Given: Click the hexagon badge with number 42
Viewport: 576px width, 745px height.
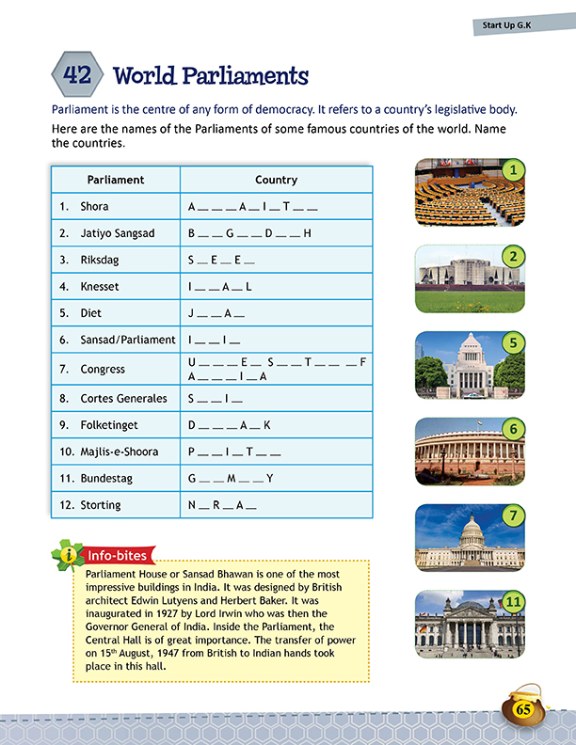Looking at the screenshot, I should (x=77, y=74).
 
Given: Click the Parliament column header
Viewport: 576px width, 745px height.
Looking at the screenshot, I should (x=115, y=180).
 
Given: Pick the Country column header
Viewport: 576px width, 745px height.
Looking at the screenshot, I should (x=276, y=180).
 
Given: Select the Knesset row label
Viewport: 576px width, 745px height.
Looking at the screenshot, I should (x=100, y=286).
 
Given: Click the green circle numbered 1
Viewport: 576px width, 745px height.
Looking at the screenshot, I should (x=512, y=169).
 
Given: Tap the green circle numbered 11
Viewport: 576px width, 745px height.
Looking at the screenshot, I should (x=513, y=601).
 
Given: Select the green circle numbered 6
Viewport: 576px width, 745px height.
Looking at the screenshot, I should (x=512, y=428).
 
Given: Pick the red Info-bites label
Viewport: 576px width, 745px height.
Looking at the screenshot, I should (x=120, y=556).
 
